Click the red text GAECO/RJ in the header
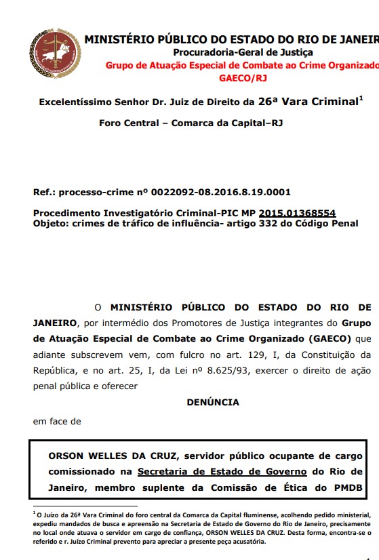(243, 79)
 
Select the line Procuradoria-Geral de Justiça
(243, 52)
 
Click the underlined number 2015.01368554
(297, 213)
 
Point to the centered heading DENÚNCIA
(213, 402)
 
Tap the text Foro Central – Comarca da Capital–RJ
(191, 123)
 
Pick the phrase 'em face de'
(57, 421)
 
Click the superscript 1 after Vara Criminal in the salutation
(361, 99)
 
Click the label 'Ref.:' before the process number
(44, 193)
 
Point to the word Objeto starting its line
(49, 223)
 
